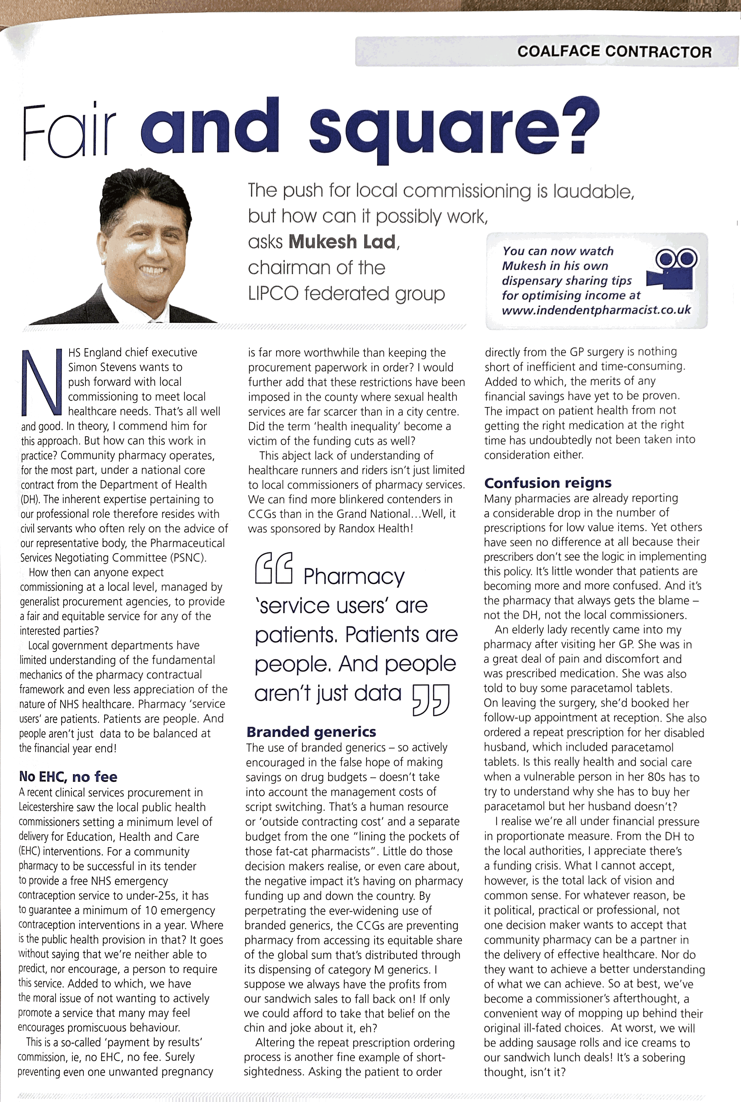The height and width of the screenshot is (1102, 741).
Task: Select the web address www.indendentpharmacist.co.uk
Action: tap(596, 310)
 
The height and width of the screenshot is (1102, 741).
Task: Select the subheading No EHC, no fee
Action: tap(68, 776)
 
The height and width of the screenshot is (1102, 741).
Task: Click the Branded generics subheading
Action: tap(311, 732)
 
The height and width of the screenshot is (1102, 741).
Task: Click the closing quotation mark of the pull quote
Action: tap(431, 699)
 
